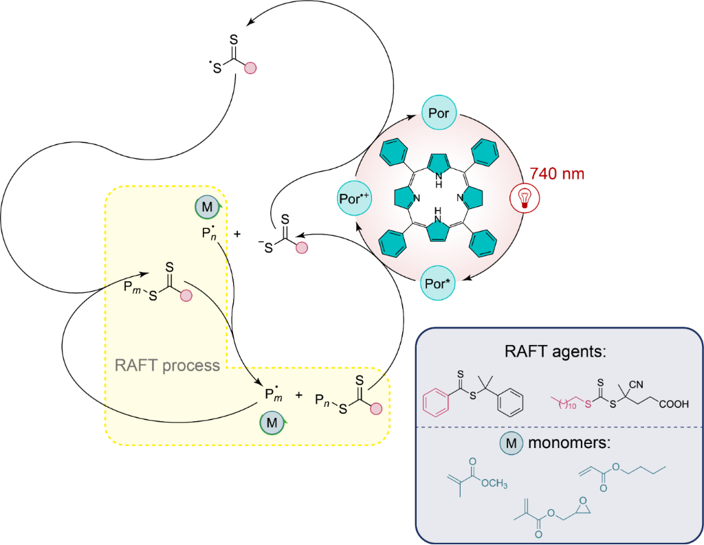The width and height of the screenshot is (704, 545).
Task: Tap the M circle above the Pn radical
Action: (x=210, y=205)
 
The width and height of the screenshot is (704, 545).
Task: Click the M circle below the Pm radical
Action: (x=272, y=422)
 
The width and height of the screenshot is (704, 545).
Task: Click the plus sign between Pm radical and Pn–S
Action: (x=298, y=396)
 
